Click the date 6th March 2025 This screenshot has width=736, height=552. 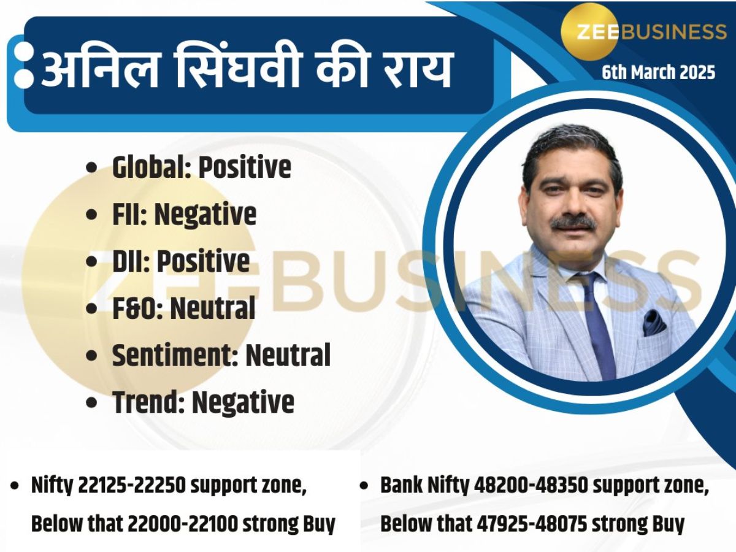coord(658,72)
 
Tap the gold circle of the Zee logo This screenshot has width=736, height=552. coord(589,31)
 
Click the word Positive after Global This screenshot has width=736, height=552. coord(244,167)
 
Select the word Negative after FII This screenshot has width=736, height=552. coord(205,214)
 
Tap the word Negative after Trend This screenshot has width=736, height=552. coord(243,402)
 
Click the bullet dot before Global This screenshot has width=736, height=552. coord(92,167)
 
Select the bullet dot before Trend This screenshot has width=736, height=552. coord(92,403)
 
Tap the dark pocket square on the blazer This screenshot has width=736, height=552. coord(653,321)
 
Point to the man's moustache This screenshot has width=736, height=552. coord(573,222)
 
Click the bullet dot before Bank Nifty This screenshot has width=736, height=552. coord(364,486)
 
